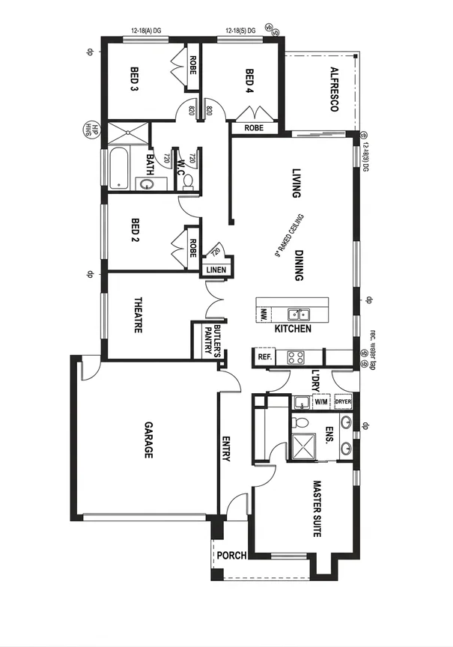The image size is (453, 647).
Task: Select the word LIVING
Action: (x=296, y=183)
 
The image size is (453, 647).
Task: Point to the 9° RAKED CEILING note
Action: (x=289, y=235)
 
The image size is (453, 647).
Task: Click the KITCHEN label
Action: (x=293, y=329)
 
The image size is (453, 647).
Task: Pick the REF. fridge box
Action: (x=264, y=357)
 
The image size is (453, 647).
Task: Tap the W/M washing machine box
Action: (x=321, y=401)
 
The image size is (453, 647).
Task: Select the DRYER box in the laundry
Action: (x=343, y=401)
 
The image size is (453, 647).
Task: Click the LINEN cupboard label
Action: (x=216, y=269)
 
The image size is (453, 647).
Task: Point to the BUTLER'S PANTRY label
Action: (x=215, y=341)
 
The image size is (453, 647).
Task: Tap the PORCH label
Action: (x=231, y=556)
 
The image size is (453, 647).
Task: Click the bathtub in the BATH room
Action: (x=118, y=168)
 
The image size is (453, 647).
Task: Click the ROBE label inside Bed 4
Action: (x=253, y=128)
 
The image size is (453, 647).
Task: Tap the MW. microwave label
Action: (x=264, y=318)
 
